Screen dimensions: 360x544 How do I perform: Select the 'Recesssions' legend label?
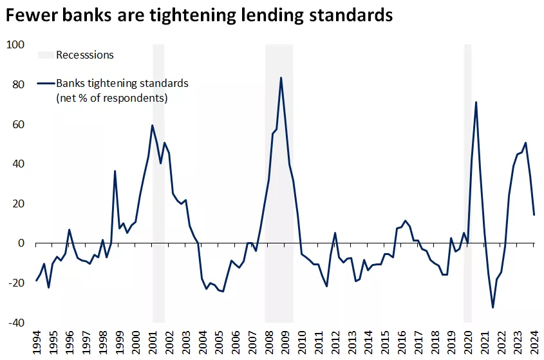coord(85,55)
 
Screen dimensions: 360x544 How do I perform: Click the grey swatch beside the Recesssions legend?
coord(46,55)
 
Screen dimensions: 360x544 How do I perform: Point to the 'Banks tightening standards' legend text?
coord(122,83)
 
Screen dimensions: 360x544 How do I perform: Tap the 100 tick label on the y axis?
coord(15,44)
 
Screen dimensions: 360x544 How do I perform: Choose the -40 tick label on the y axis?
coord(15,323)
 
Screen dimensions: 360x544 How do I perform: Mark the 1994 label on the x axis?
coord(36,342)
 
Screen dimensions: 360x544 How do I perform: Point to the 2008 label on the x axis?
coord(269,342)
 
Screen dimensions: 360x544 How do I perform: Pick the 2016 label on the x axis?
coord(402,342)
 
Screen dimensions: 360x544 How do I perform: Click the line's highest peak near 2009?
coord(281,78)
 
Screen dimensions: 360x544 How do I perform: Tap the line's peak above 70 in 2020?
coord(476,102)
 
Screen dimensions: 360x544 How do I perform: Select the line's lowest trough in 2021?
coord(492,307)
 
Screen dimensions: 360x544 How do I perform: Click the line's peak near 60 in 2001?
coord(152,125)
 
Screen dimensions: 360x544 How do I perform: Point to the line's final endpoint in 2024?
coord(534,214)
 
